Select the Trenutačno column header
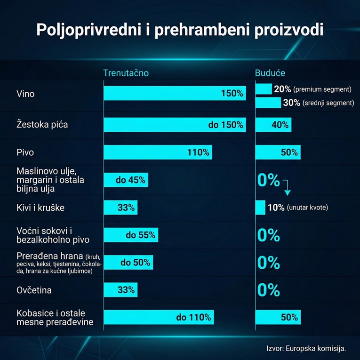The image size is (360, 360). point(126,73)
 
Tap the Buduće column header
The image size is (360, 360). point(270,73)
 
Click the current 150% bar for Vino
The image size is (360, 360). point(174,93)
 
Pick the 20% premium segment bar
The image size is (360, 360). point(264,89)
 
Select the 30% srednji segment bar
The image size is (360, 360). point(268,103)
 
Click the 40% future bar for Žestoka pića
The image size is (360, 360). point(273,125)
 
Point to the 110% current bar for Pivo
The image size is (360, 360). point(158,152)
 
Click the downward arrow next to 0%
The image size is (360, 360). point(288,188)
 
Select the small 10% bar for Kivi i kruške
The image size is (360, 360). point(260,208)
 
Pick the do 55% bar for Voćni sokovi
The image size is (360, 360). point(130,235)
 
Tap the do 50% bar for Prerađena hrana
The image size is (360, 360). point(128,263)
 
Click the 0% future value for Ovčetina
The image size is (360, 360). point(269,290)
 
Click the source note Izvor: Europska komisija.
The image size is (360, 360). point(306,349)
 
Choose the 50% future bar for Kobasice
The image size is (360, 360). point(278,318)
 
